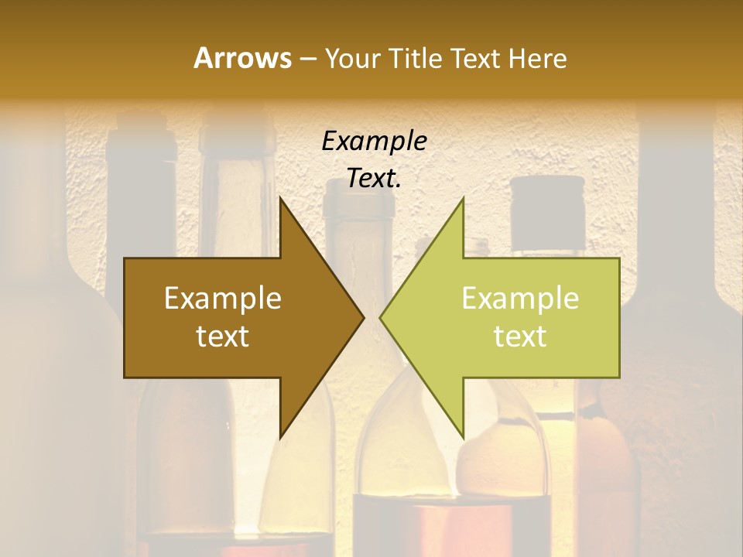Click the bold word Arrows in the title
[242, 58]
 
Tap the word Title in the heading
[414, 58]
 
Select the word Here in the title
[538, 58]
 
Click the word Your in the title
[352, 58]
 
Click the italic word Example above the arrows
[374, 142]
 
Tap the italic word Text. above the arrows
[374, 179]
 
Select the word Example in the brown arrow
[223, 299]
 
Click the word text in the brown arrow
[223, 337]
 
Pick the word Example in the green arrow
[520, 299]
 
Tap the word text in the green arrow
[520, 337]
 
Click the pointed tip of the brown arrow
[362, 317]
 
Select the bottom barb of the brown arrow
[282, 433]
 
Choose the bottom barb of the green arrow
[461, 433]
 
